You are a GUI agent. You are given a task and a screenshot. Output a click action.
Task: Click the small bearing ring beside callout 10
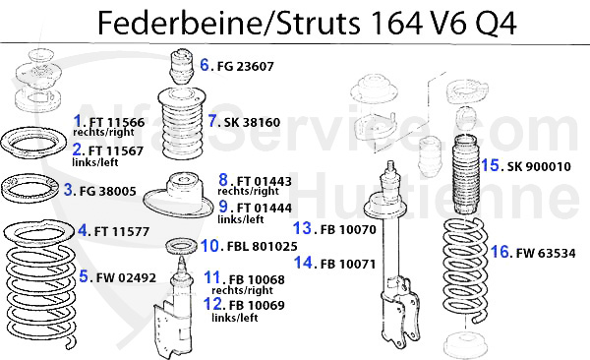click(182, 246)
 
